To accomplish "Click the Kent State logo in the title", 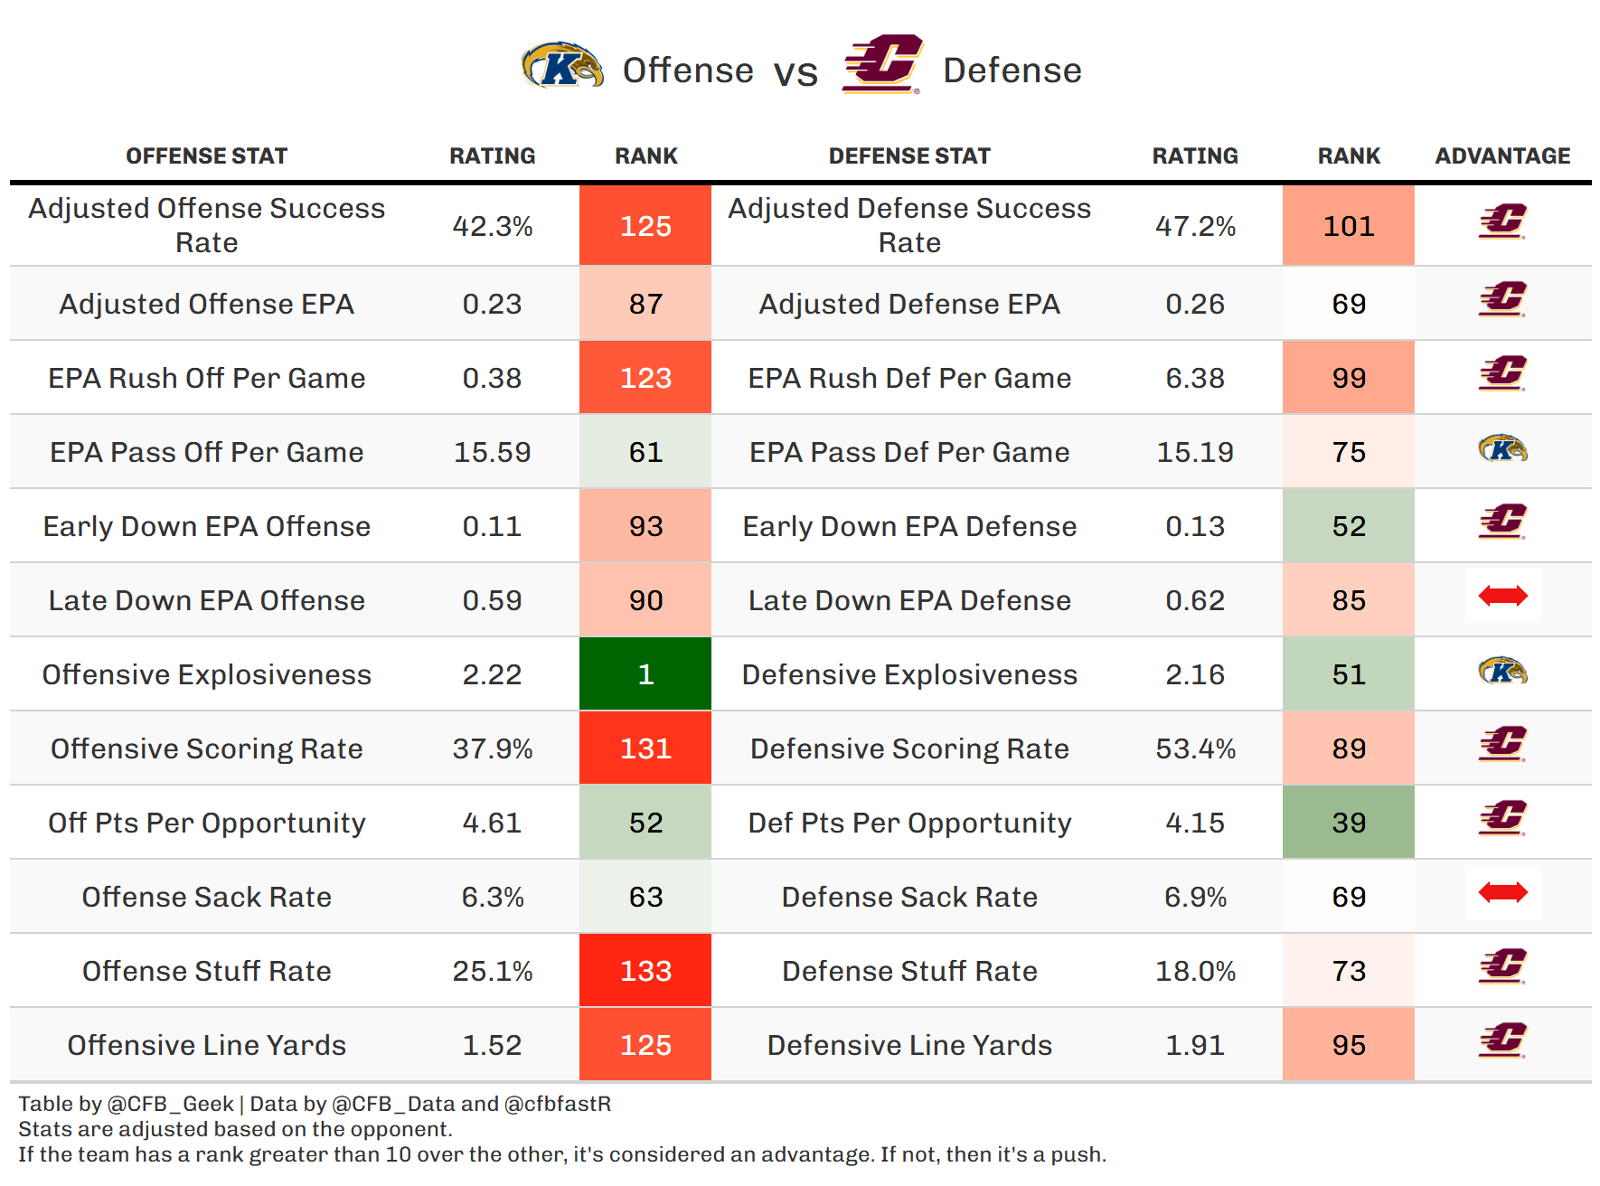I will tap(562, 67).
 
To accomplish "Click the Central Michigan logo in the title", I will tap(882, 65).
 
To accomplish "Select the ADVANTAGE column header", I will tap(1502, 156).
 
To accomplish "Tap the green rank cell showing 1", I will tap(645, 674).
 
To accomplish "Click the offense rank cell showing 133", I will tap(645, 971).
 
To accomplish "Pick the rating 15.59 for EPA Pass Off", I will tap(492, 452).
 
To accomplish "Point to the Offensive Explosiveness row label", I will tap(207, 674).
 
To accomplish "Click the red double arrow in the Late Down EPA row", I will tap(1502, 596).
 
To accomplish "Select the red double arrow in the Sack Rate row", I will tap(1502, 893).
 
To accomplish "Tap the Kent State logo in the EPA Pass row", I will tap(1502, 448).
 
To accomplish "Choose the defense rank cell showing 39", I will tap(1349, 823).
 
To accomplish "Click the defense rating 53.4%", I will tap(1195, 748).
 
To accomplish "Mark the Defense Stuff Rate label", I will tap(909, 971).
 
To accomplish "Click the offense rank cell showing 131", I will tap(645, 748).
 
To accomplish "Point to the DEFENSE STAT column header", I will tap(909, 156).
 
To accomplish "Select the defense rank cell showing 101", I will tap(1349, 226).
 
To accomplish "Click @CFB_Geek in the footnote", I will tap(171, 1104).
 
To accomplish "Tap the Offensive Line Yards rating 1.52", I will tap(492, 1045).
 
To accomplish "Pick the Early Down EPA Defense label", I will tap(909, 526).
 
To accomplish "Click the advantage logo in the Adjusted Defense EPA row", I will tap(1502, 300).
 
